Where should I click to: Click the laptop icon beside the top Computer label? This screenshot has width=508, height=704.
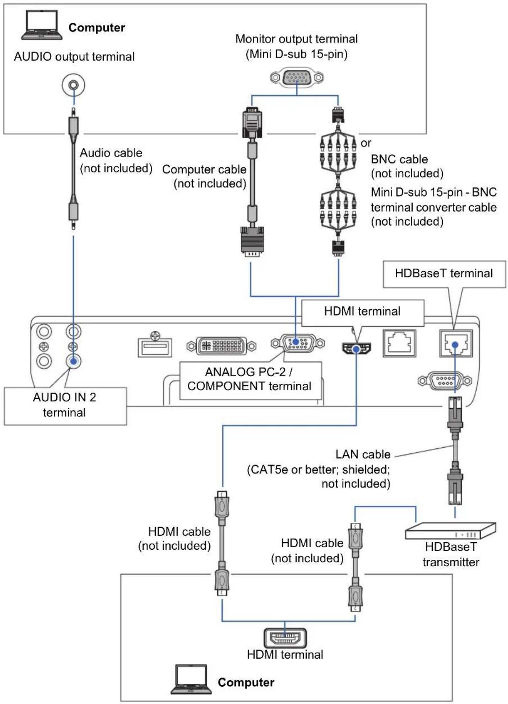[42, 25]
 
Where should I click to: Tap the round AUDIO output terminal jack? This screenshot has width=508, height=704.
[73, 85]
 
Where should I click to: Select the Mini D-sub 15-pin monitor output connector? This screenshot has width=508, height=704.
[297, 77]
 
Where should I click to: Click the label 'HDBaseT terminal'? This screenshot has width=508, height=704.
[444, 273]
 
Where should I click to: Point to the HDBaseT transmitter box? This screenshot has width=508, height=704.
[450, 531]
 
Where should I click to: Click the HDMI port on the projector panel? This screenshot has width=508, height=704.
[356, 348]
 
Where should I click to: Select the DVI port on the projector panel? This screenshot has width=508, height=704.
[221, 346]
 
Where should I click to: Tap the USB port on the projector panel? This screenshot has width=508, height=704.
[155, 347]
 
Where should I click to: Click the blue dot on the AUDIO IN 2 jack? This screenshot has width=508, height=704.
[74, 361]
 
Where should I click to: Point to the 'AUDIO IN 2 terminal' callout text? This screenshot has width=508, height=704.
[64, 405]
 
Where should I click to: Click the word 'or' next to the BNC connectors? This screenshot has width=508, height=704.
[366, 143]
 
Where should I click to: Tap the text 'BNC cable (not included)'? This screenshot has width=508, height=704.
[407, 166]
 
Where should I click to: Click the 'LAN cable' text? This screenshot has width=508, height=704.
[363, 454]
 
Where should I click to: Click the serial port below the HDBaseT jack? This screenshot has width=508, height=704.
[445, 381]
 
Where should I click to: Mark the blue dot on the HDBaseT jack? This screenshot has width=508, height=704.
[455, 345]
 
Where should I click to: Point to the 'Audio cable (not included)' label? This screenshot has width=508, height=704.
[116, 161]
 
